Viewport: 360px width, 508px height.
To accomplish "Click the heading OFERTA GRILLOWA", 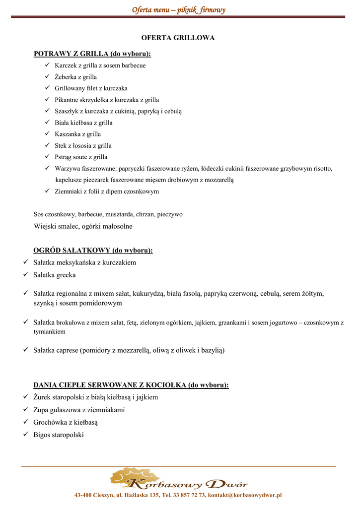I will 178,38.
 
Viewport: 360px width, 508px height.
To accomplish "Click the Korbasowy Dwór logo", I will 178,479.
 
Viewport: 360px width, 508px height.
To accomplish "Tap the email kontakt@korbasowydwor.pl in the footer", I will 245,495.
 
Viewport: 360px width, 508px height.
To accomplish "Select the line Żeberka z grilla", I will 75,77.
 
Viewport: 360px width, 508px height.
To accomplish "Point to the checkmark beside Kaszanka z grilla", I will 47,134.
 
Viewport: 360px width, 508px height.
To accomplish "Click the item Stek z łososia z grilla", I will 83,146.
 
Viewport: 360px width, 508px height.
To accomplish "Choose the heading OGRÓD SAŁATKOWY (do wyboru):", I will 93,251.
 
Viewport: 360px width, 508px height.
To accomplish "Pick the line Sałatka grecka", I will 55,274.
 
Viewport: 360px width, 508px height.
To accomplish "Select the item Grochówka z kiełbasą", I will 66,422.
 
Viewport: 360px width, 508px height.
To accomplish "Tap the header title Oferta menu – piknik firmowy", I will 178,9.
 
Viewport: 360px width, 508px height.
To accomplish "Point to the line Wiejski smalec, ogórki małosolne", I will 83,226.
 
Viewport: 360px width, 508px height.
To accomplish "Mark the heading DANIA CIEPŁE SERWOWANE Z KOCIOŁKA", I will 131,385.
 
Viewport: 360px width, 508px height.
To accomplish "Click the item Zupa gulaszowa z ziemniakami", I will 79,410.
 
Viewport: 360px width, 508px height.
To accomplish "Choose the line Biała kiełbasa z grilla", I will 83,123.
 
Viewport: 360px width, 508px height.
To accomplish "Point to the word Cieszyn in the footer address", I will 102,495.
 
